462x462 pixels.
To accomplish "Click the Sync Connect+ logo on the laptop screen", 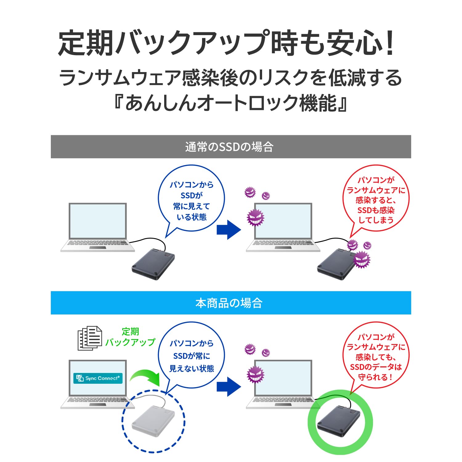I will pos(98,378).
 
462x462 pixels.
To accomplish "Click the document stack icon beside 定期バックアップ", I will pos(90,338).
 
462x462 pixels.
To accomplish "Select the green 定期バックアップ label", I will pos(130,337).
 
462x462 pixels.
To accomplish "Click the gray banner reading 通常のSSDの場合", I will pos(231,147).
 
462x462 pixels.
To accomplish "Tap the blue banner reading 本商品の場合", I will pos(231,303).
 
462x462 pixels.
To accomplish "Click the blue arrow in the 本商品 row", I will pos(229,386).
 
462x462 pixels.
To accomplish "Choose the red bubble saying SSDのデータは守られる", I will pos(375,357).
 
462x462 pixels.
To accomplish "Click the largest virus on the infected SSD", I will pos(361,259).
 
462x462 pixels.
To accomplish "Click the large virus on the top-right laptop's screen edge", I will pos(255,217).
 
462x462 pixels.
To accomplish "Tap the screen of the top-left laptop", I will pos(98,221).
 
